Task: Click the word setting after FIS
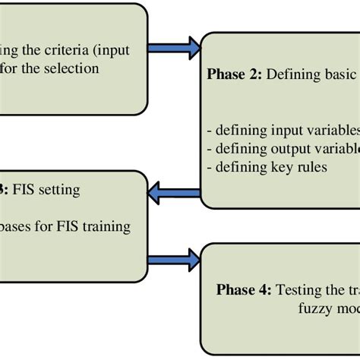point(57,190)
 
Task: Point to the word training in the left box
point(106,226)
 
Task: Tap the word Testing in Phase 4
point(300,289)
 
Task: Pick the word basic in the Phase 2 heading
point(340,75)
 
